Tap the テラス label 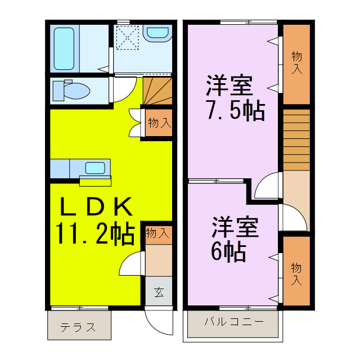78,327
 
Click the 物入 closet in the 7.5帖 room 297,63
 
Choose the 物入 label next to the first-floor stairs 159,123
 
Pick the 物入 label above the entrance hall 158,233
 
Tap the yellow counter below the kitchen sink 96,181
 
